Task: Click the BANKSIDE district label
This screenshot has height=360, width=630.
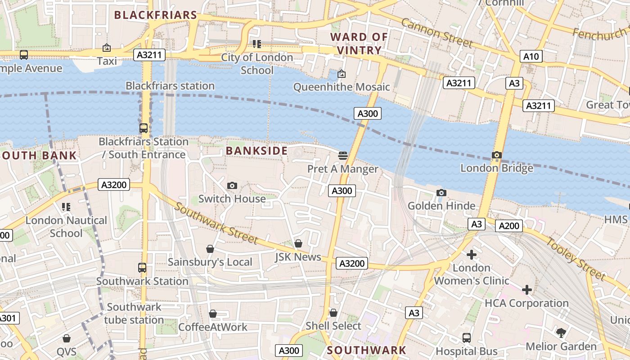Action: [x=256, y=151]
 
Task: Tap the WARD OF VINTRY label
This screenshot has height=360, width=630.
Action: [x=359, y=44]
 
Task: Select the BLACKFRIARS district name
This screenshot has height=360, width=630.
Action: [x=156, y=15]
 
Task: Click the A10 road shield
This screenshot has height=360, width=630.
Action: [x=531, y=56]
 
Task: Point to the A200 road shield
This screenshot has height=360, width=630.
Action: [x=509, y=226]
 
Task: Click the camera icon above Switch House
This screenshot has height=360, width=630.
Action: [x=232, y=185]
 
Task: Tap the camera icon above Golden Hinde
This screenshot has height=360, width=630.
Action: [x=441, y=193]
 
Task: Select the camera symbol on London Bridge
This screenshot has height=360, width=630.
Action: [x=497, y=155]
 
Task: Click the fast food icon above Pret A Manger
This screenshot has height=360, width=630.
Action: [x=343, y=156]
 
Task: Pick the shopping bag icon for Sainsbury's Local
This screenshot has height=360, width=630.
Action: [x=210, y=249]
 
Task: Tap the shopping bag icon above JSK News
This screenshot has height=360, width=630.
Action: [x=298, y=243]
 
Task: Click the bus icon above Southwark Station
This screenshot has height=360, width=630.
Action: [x=142, y=268]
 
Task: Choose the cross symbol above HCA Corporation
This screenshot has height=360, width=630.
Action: [x=526, y=290]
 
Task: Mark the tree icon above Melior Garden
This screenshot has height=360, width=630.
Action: [x=561, y=333]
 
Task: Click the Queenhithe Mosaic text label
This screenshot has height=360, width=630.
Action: [x=342, y=87]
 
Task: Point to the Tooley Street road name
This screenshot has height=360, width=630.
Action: [x=576, y=258]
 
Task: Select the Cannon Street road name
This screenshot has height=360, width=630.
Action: [x=436, y=33]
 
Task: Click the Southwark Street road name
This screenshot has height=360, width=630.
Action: [x=216, y=223]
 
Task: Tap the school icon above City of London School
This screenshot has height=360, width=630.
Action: [x=257, y=44]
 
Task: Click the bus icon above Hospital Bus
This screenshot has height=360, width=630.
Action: [x=467, y=337]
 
